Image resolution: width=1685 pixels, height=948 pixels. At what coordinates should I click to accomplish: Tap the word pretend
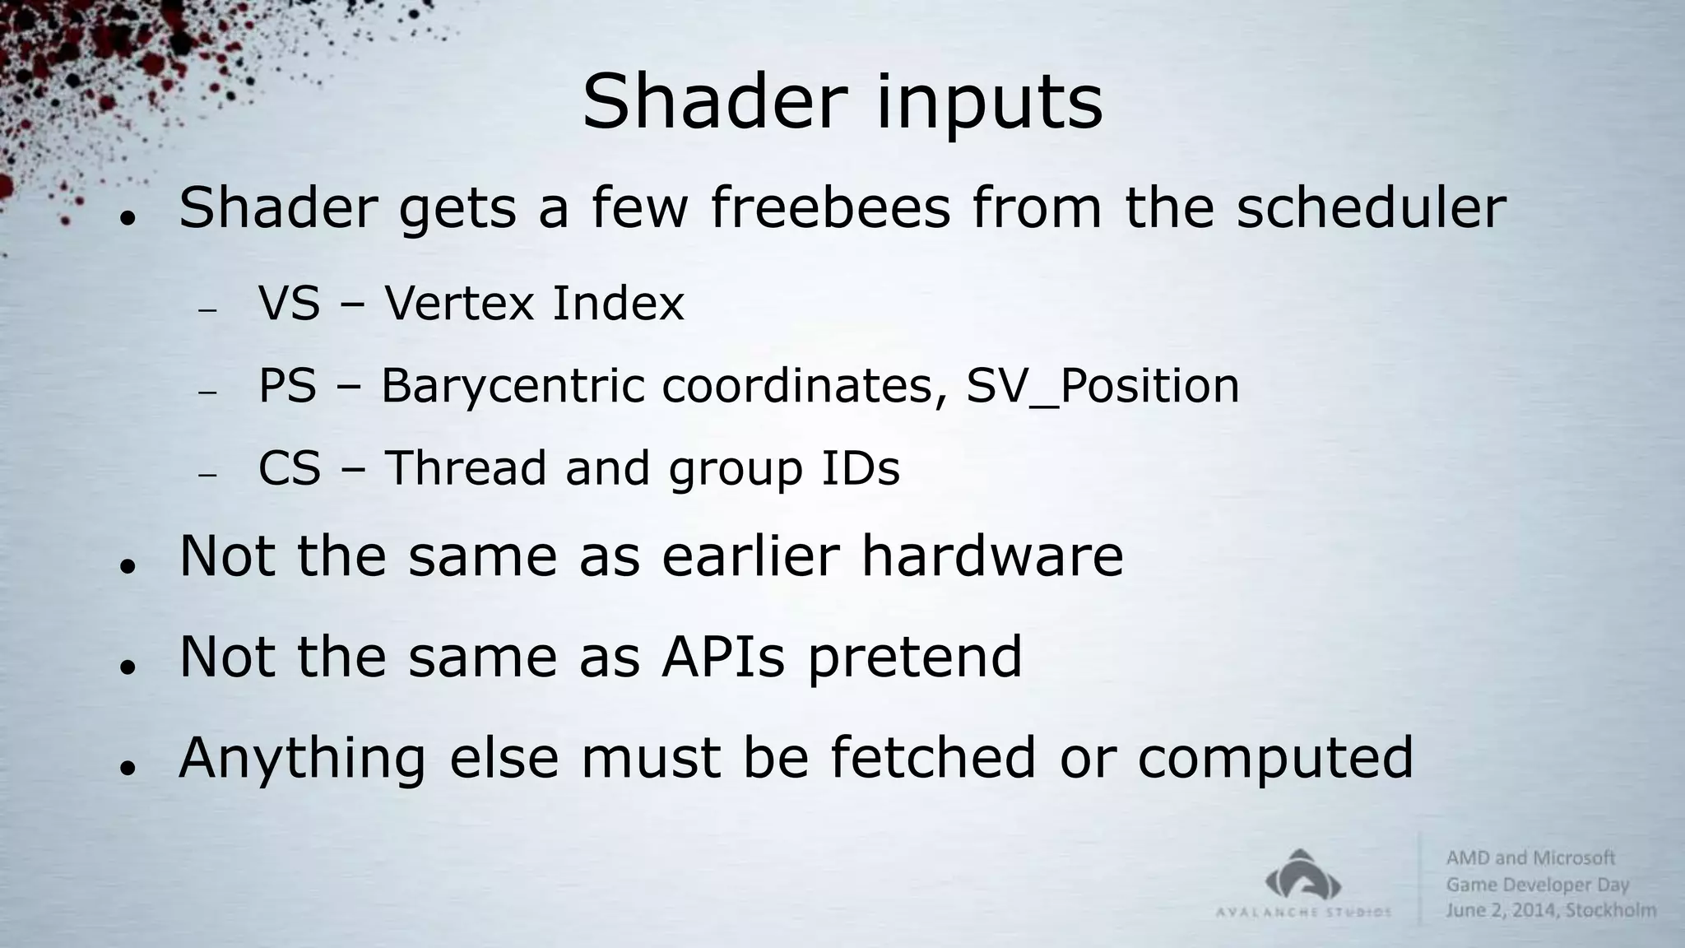pyautogui.click(x=915, y=658)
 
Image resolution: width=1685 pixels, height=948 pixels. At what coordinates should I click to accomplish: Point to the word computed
pyautogui.click(x=1275, y=759)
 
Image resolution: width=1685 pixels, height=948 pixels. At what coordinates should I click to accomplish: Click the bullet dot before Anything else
pyautogui.click(x=126, y=768)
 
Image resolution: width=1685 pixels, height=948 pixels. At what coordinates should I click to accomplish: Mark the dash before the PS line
pyautogui.click(x=207, y=393)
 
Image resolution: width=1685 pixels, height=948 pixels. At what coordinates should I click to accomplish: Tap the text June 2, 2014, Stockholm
pyautogui.click(x=1551, y=910)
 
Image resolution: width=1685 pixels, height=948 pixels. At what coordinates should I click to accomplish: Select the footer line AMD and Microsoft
pyautogui.click(x=1530, y=858)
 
